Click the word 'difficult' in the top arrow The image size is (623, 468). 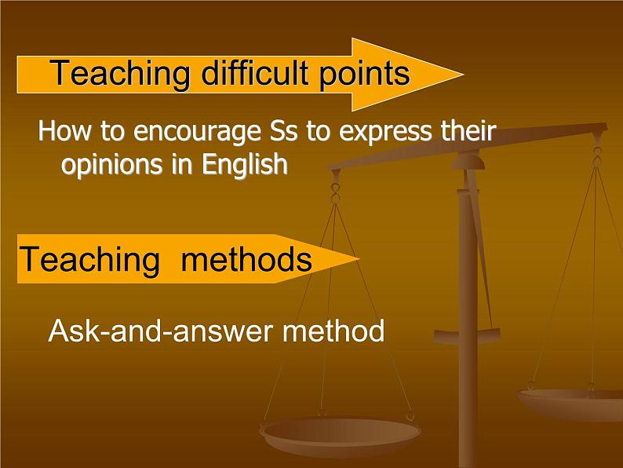click(255, 72)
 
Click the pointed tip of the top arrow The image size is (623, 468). click(464, 74)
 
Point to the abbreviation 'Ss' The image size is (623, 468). click(283, 132)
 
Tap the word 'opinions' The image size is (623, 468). click(113, 166)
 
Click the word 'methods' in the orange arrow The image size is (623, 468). click(246, 259)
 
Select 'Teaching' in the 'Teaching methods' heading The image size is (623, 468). click(89, 259)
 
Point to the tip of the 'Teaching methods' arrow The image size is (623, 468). click(360, 259)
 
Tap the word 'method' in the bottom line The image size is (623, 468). click(333, 331)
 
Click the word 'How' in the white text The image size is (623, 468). click(64, 131)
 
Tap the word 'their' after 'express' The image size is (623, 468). click(468, 131)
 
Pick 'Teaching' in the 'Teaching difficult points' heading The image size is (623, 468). click(119, 73)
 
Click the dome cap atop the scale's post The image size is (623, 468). click(469, 162)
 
